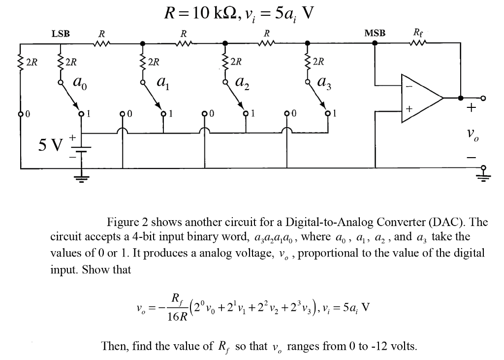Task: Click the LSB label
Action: tap(61, 33)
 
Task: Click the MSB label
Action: tap(375, 33)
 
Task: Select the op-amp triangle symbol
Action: tap(421, 98)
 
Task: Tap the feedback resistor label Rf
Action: tap(417, 33)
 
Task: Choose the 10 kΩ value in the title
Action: tap(216, 13)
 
